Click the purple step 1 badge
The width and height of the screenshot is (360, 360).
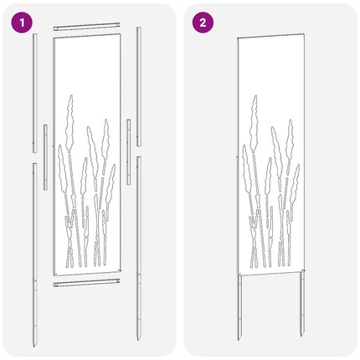click(22, 23)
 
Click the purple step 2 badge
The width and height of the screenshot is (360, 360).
click(203, 23)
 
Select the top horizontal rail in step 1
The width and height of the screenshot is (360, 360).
click(87, 27)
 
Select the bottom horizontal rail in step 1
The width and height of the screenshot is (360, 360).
click(87, 283)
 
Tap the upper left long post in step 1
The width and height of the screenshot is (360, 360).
click(35, 93)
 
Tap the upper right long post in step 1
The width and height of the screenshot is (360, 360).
click(139, 86)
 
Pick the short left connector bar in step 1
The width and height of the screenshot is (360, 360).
click(45, 157)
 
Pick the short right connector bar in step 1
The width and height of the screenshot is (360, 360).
click(129, 152)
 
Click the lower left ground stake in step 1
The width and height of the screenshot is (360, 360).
click(35, 255)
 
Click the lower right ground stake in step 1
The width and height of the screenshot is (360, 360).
click(139, 248)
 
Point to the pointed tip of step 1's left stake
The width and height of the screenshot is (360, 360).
click(34, 347)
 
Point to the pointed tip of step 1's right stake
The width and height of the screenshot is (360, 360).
click(138, 340)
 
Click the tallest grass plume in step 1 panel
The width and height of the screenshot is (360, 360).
click(69, 123)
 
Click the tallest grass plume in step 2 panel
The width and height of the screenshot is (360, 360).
click(254, 124)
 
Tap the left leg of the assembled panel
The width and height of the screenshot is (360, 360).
click(239, 307)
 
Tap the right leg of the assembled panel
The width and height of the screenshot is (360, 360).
click(302, 304)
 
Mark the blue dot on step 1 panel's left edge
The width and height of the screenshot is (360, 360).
click(53, 146)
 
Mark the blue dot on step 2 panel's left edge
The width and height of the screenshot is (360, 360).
click(237, 157)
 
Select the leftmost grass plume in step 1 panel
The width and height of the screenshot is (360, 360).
click(63, 169)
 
